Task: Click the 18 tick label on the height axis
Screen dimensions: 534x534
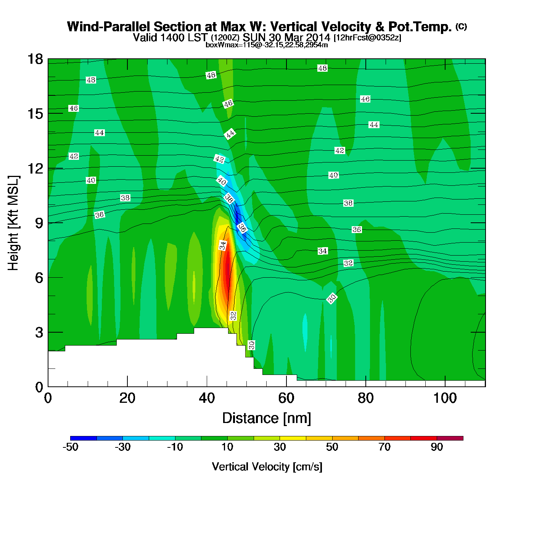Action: tap(35, 59)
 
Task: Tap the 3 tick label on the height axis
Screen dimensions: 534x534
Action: tap(39, 333)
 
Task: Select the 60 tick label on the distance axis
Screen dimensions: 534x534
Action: tap(286, 398)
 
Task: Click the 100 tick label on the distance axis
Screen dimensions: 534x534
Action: tap(445, 398)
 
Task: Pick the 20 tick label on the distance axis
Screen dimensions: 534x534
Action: tap(127, 398)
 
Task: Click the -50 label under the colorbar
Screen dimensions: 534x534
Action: tap(71, 447)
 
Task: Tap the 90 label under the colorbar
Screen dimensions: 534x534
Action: tap(437, 447)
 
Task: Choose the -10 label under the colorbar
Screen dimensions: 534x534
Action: tap(175, 447)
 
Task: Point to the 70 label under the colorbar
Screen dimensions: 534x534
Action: tap(384, 447)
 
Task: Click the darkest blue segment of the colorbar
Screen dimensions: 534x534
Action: tap(84, 438)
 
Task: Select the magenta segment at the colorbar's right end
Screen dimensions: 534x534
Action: tap(450, 438)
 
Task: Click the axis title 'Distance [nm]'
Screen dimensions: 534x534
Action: tap(267, 418)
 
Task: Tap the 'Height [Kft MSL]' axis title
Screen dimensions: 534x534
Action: tap(13, 223)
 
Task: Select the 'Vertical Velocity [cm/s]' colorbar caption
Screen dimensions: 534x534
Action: tap(267, 467)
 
